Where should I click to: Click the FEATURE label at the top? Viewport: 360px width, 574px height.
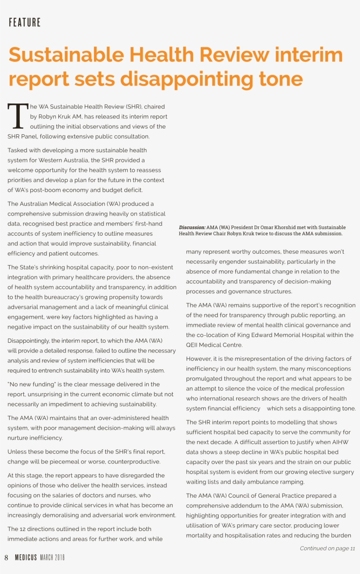click(25, 22)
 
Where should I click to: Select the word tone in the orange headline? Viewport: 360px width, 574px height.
click(277, 79)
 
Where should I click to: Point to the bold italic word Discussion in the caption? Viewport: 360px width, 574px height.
click(192, 227)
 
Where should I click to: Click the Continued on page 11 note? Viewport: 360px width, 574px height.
click(327, 549)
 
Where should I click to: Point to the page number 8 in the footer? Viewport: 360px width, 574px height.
click(6, 557)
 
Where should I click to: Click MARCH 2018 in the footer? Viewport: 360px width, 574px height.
click(52, 557)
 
